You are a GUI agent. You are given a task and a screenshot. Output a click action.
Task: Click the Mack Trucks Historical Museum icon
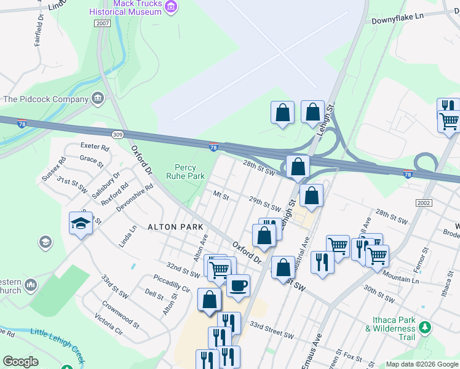[172, 7]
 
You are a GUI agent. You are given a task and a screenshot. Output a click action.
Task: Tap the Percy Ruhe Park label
[185, 172]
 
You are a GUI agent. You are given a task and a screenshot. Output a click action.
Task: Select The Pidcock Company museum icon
[98, 98]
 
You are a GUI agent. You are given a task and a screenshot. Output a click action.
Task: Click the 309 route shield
[117, 134]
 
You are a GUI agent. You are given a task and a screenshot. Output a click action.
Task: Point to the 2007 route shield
[102, 23]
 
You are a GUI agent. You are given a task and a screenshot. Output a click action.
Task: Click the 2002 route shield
[424, 203]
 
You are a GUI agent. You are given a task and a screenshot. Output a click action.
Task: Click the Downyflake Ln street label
[398, 20]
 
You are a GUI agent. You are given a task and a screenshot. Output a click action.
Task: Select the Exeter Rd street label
[95, 148]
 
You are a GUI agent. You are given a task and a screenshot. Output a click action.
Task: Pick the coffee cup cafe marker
[238, 285]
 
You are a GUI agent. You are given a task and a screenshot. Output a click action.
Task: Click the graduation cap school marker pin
[81, 224]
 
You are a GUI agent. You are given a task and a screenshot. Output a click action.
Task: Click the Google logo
[20, 362]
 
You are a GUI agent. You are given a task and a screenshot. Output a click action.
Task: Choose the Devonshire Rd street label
[134, 200]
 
